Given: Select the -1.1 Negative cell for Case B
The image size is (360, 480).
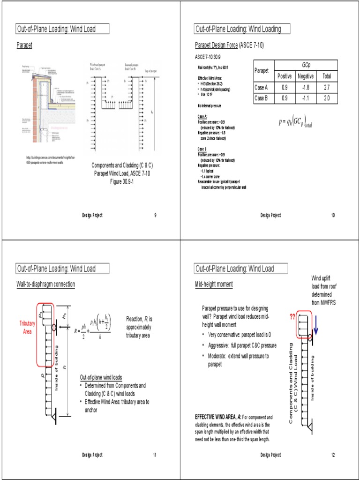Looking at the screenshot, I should (x=306, y=98).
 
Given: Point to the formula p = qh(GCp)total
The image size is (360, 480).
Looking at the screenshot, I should (x=295, y=123).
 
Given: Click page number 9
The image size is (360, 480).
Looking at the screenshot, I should (x=155, y=215).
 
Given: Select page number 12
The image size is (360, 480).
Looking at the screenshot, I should (x=333, y=455).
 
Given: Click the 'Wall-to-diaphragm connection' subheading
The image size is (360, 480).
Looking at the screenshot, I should (x=45, y=285).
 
